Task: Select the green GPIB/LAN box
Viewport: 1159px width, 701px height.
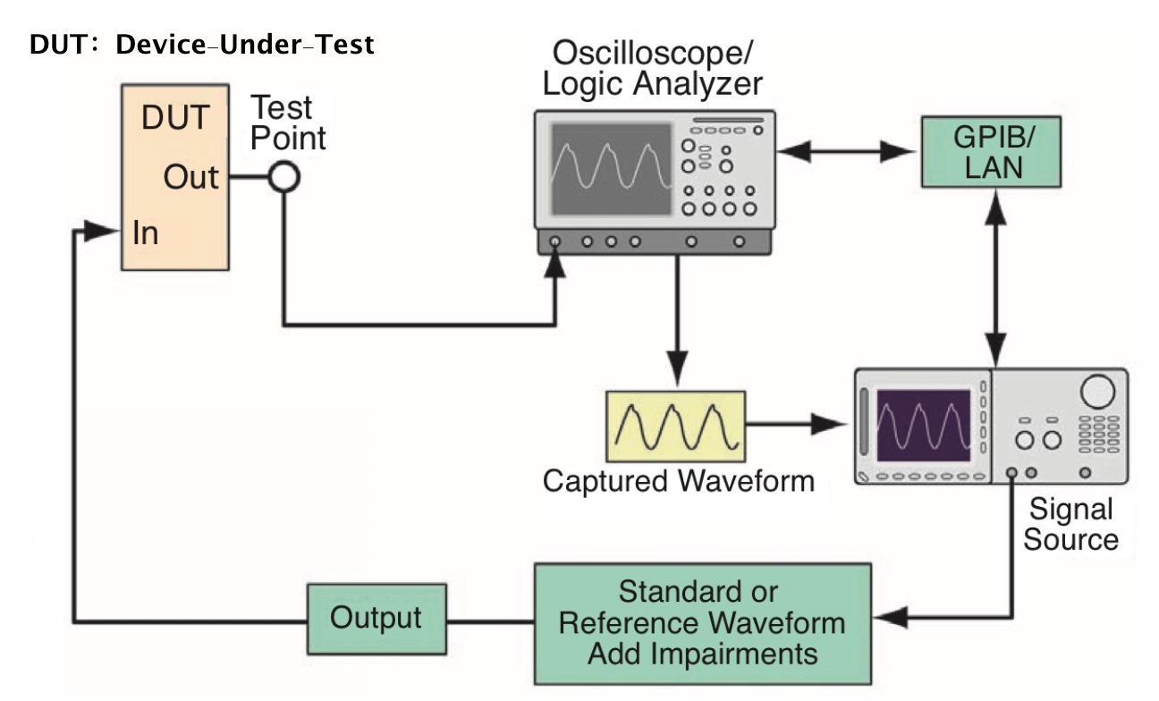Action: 992,152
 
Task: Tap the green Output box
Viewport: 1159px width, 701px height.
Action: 376,620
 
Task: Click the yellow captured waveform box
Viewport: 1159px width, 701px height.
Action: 676,427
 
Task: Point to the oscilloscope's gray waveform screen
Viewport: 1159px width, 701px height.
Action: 612,169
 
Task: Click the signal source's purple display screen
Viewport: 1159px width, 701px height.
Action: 924,426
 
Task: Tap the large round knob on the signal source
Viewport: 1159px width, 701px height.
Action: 1097,392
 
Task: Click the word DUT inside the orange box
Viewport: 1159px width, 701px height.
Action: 175,117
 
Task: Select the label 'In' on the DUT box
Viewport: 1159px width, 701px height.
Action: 146,232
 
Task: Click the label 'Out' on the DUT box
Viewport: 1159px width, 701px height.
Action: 190,177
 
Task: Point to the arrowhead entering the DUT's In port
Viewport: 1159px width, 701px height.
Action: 101,231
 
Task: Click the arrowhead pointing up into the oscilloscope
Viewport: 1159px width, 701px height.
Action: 555,262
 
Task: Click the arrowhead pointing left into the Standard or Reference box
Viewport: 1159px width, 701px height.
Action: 891,617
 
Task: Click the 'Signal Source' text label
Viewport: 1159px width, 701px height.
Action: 1071,524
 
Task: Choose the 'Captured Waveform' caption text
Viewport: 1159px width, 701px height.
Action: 679,481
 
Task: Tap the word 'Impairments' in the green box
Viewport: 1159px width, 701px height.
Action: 733,654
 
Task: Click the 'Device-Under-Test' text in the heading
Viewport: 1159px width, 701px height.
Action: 245,45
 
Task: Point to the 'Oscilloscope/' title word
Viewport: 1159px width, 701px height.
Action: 653,52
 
